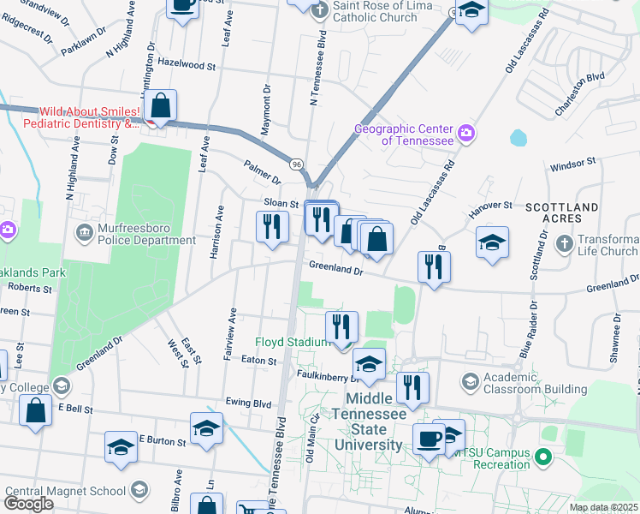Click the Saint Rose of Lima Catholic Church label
click(x=375, y=11)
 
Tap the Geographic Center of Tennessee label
click(x=405, y=134)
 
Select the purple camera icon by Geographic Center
click(x=466, y=133)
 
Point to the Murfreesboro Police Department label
click(x=136, y=235)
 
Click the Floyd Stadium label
click(x=291, y=342)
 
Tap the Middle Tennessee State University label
click(x=374, y=421)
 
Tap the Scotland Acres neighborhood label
click(x=561, y=213)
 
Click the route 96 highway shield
click(x=296, y=164)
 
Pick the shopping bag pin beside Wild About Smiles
click(x=160, y=107)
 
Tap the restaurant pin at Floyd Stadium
click(x=341, y=326)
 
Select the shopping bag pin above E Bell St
click(x=35, y=409)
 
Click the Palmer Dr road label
click(x=262, y=173)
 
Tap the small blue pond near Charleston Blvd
click(x=518, y=137)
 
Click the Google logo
click(x=28, y=504)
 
